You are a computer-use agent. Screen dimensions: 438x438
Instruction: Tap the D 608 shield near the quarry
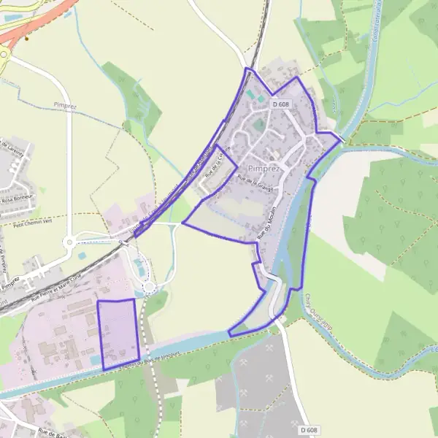tap(308, 430)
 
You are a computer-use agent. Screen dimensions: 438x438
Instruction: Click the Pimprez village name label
tap(264, 168)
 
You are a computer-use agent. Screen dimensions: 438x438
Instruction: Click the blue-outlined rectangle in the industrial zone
tap(118, 333)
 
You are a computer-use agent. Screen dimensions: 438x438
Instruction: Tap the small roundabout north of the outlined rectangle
tap(150, 288)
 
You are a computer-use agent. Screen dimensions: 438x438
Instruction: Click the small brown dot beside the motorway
tap(27, 38)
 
